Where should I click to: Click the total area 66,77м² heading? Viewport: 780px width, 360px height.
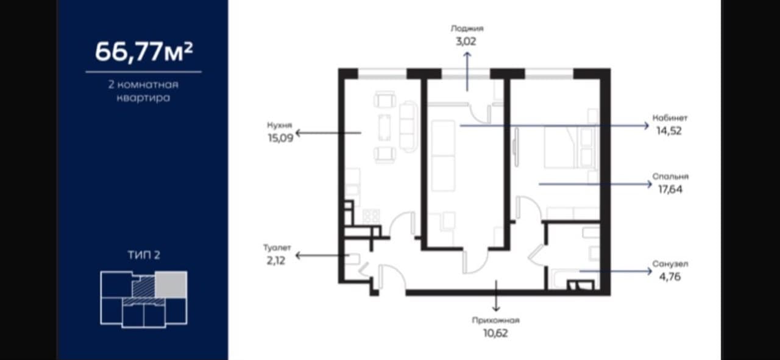click(x=144, y=52)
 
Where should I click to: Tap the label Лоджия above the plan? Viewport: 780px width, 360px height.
click(x=467, y=28)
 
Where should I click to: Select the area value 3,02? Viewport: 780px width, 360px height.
click(x=466, y=41)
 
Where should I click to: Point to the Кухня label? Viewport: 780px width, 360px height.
click(x=279, y=125)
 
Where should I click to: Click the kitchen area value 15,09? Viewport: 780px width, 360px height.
click(x=281, y=138)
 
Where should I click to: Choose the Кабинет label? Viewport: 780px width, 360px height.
click(x=670, y=118)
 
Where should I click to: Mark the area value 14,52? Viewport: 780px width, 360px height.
click(x=669, y=131)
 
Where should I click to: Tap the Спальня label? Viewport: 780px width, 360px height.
click(x=670, y=177)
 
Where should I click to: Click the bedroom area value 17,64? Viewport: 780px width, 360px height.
click(x=670, y=189)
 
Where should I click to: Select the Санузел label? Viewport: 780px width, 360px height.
click(x=670, y=264)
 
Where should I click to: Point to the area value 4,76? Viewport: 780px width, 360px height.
click(x=670, y=277)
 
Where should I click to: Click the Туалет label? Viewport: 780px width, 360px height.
click(x=277, y=247)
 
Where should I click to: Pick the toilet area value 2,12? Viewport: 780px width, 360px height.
click(x=276, y=261)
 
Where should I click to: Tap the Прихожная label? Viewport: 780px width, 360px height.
click(x=496, y=320)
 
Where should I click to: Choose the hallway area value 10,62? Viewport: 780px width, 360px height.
click(x=495, y=333)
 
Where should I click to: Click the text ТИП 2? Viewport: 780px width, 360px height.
click(x=144, y=255)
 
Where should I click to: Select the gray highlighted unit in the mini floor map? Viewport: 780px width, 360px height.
click(x=171, y=284)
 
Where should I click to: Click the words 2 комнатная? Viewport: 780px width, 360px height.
click(x=143, y=85)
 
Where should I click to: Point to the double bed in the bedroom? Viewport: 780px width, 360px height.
click(x=561, y=147)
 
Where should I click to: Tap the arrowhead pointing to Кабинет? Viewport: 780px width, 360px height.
click(x=647, y=125)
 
